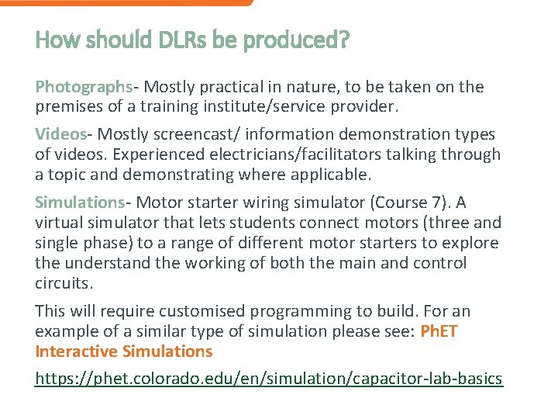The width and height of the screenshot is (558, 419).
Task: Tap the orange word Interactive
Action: pos(74,351)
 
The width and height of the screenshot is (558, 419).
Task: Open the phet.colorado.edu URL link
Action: pos(269,379)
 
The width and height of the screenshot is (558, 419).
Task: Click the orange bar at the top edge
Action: pos(124,2)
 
